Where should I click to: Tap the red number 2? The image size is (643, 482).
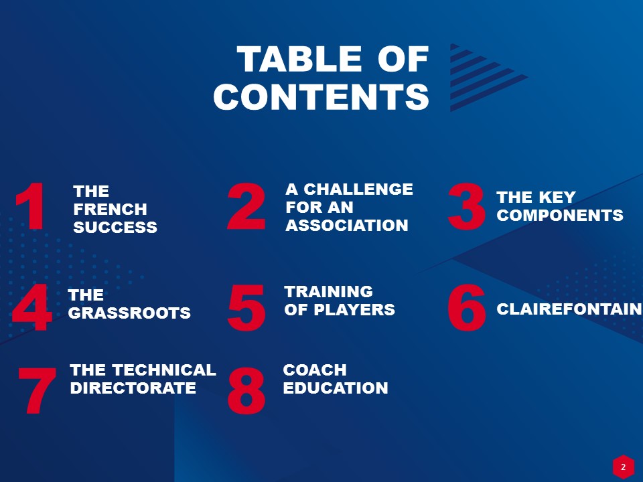pyautogui.click(x=246, y=206)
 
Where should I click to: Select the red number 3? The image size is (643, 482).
pyautogui.click(x=466, y=206)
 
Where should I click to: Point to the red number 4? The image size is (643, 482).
pyautogui.click(x=32, y=307)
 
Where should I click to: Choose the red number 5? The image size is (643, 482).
pyautogui.click(x=246, y=307)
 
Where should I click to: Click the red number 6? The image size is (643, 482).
pyautogui.click(x=467, y=307)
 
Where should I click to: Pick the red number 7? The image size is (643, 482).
pyautogui.click(x=37, y=390)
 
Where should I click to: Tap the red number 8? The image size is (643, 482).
pyautogui.click(x=246, y=390)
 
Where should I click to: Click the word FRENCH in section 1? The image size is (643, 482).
pyautogui.click(x=111, y=210)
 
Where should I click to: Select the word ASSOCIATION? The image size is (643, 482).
pyautogui.click(x=347, y=225)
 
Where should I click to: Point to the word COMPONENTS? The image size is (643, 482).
pyautogui.click(x=560, y=215)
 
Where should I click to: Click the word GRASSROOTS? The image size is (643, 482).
pyautogui.click(x=129, y=313)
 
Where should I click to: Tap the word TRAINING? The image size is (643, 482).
pyautogui.click(x=328, y=291)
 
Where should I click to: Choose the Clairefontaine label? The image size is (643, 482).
pyautogui.click(x=569, y=309)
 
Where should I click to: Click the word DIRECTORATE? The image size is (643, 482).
pyautogui.click(x=133, y=388)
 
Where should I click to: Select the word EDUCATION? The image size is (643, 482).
pyautogui.click(x=336, y=388)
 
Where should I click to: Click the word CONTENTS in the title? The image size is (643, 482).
pyautogui.click(x=321, y=96)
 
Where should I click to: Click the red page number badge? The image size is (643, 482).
pyautogui.click(x=624, y=467)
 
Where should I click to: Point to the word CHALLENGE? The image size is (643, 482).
pyautogui.click(x=358, y=189)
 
